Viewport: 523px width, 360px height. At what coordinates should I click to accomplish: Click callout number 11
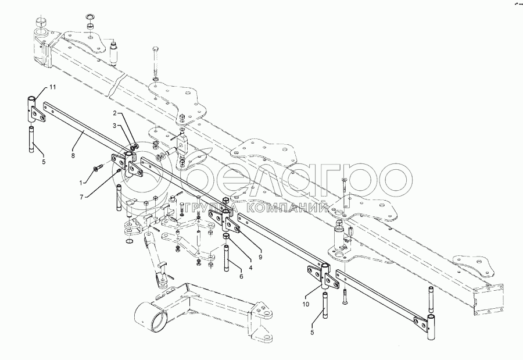pos(52,87)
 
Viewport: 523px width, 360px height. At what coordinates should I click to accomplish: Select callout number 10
pos(306,303)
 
